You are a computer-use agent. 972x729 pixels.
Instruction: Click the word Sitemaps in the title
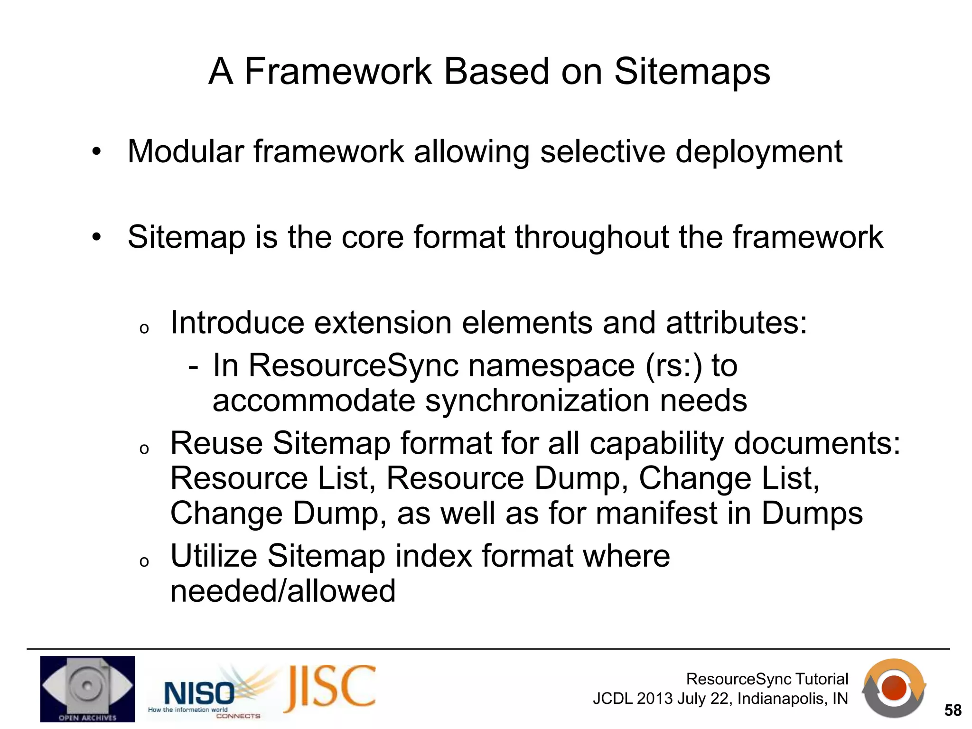[692, 72]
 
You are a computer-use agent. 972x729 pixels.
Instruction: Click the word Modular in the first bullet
[186, 152]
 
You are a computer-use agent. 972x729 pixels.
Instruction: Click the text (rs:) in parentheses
[673, 366]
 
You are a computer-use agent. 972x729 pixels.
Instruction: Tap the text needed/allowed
[283, 591]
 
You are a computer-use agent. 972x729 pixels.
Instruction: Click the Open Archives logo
[87, 689]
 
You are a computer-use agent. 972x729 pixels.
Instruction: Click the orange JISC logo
[330, 689]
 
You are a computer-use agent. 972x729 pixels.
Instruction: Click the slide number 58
[953, 710]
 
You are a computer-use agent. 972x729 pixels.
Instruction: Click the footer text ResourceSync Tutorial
[767, 679]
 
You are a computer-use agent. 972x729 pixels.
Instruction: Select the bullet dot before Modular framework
[97, 152]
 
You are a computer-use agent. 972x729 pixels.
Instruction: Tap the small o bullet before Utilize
[144, 562]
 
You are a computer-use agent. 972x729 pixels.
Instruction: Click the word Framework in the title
[338, 72]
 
